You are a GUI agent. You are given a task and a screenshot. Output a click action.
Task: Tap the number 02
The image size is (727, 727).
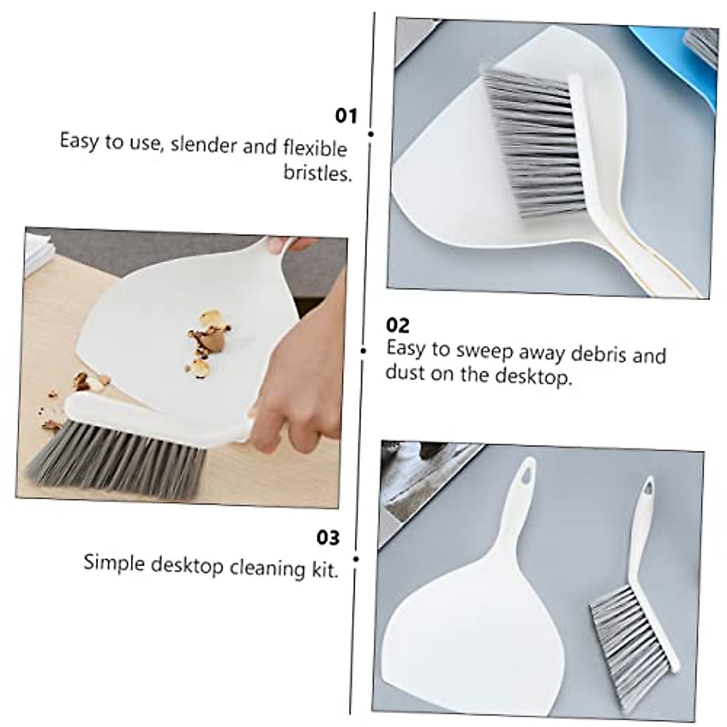[x=397, y=325]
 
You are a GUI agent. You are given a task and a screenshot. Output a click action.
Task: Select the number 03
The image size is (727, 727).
[x=328, y=537]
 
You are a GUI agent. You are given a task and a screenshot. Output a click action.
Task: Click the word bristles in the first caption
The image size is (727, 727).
[x=317, y=173]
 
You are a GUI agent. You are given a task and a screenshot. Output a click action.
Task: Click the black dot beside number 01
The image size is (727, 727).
[x=370, y=134]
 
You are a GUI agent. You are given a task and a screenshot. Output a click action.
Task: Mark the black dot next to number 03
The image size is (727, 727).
[x=356, y=559]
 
